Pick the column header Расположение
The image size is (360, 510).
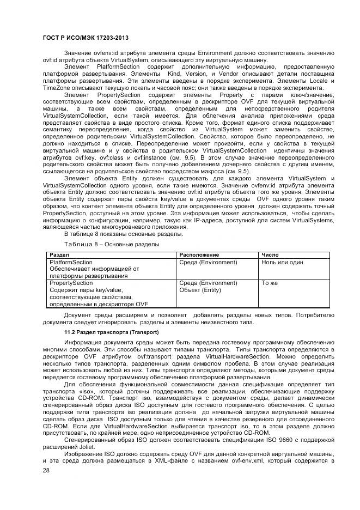pyautogui.click(x=199, y=254)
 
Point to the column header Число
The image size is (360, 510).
pyautogui.click(x=270, y=254)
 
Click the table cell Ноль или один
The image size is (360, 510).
pyautogui.click(x=283, y=262)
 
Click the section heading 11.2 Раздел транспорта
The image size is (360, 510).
pyautogui.click(x=101, y=332)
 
